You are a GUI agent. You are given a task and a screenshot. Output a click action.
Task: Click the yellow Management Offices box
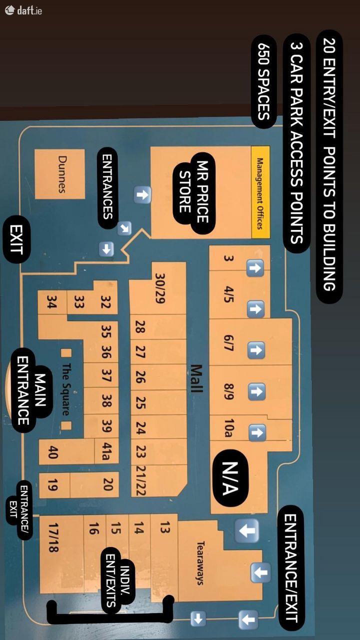[x=260, y=192]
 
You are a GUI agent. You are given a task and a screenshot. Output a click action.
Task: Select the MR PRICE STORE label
[x=194, y=191]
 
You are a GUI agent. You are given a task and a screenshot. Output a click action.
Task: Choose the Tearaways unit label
[x=200, y=563]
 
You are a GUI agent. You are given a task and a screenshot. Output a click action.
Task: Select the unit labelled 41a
[x=105, y=449]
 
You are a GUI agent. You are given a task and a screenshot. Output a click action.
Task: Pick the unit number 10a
[x=228, y=428]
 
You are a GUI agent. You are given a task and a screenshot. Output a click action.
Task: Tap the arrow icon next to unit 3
[x=255, y=268]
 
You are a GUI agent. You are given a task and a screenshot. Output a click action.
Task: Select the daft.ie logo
[x=23, y=9]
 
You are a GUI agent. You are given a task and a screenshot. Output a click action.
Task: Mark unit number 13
[x=165, y=527]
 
